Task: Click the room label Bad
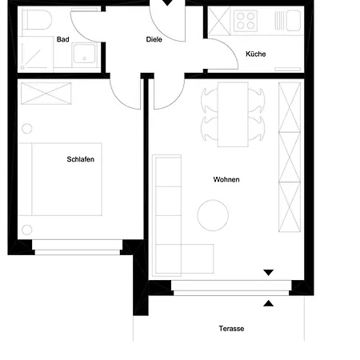tap(62, 39)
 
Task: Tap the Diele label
tap(154, 39)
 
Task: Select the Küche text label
tap(255, 54)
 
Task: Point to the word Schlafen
tap(81, 159)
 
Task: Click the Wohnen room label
tap(226, 179)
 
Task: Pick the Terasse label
tap(231, 329)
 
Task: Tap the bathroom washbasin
tap(84, 54)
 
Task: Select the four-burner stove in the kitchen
tap(245, 22)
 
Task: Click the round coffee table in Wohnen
tap(213, 214)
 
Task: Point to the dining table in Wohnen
tap(233, 114)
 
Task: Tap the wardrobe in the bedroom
tap(45, 93)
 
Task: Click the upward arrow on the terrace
tap(269, 302)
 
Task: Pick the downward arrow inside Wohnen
tap(269, 274)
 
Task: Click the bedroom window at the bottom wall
tap(76, 252)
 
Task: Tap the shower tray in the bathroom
tap(34, 54)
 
